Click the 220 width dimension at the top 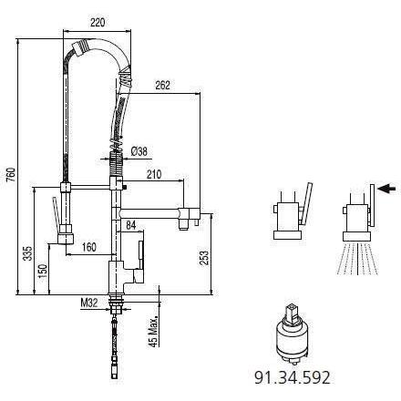tap(98, 22)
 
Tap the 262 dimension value tap(162, 86)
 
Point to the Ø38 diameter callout tap(139, 151)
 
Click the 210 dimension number tap(154, 174)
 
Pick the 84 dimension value tap(131, 225)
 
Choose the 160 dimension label tap(89, 247)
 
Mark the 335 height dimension tap(27, 253)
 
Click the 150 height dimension tap(43, 272)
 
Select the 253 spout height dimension tap(205, 258)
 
